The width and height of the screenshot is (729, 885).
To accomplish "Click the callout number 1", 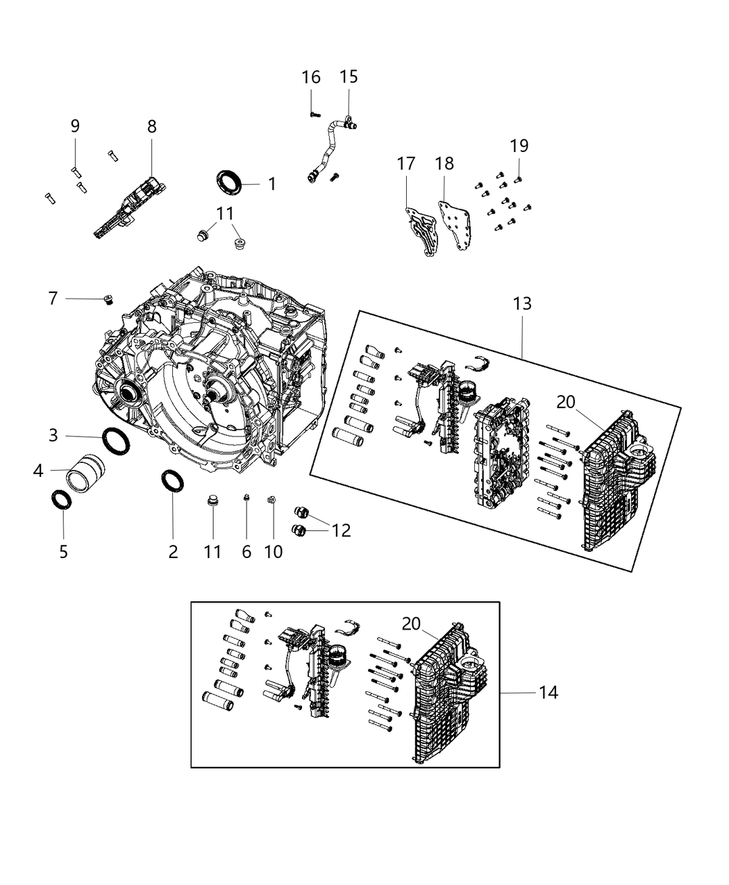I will point(272,184).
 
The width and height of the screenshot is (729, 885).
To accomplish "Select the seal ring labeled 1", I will point(228,183).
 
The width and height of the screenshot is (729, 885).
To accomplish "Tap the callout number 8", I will point(152,126).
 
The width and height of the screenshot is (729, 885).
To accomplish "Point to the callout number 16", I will point(311,77).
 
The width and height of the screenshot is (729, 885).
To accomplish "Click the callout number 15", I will point(349,77).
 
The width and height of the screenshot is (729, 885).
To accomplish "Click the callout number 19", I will point(519,146).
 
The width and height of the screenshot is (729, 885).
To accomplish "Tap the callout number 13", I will point(522,303).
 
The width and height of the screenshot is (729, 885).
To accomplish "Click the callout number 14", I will point(548,692).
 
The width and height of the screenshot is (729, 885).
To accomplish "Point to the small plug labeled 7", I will point(108,299).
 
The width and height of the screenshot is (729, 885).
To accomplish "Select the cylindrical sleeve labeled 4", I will point(86,470).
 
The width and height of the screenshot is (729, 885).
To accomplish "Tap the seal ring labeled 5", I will point(62,500).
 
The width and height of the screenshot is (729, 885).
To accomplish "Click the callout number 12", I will point(341,530).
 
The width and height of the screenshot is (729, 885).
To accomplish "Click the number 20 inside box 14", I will point(411,623).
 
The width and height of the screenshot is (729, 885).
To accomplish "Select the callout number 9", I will point(75,126).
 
